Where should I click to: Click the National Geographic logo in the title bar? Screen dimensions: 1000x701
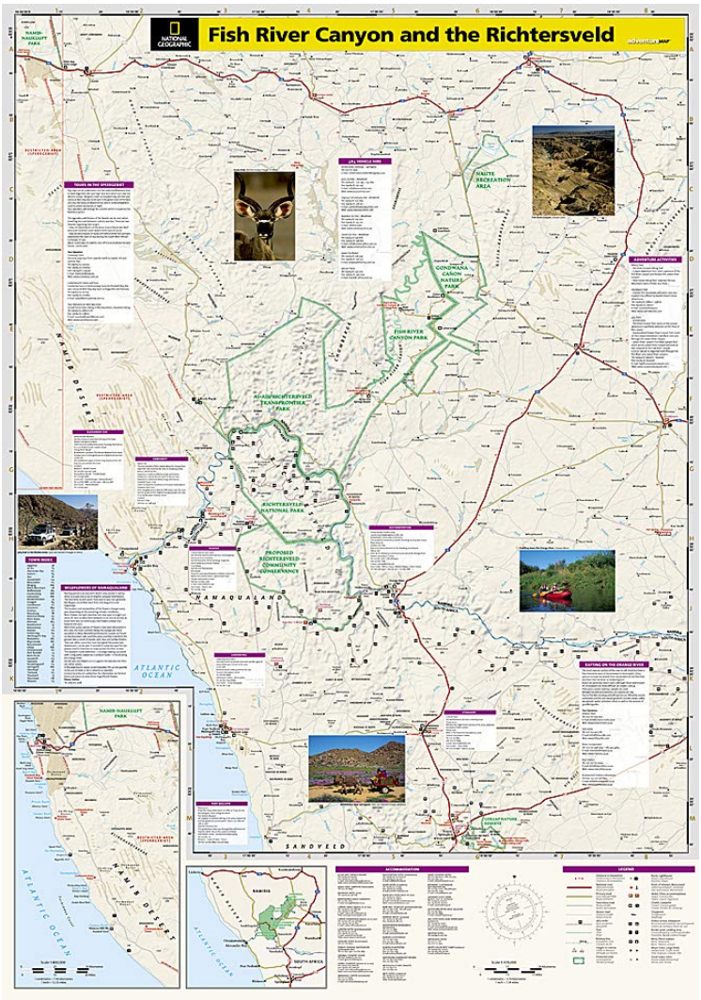point(174,36)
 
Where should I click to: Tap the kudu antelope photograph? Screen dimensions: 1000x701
point(264,215)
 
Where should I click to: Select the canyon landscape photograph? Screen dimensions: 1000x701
point(572,172)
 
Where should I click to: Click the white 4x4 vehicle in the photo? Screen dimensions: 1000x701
point(39,538)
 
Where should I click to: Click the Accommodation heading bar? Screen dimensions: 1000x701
point(401,869)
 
